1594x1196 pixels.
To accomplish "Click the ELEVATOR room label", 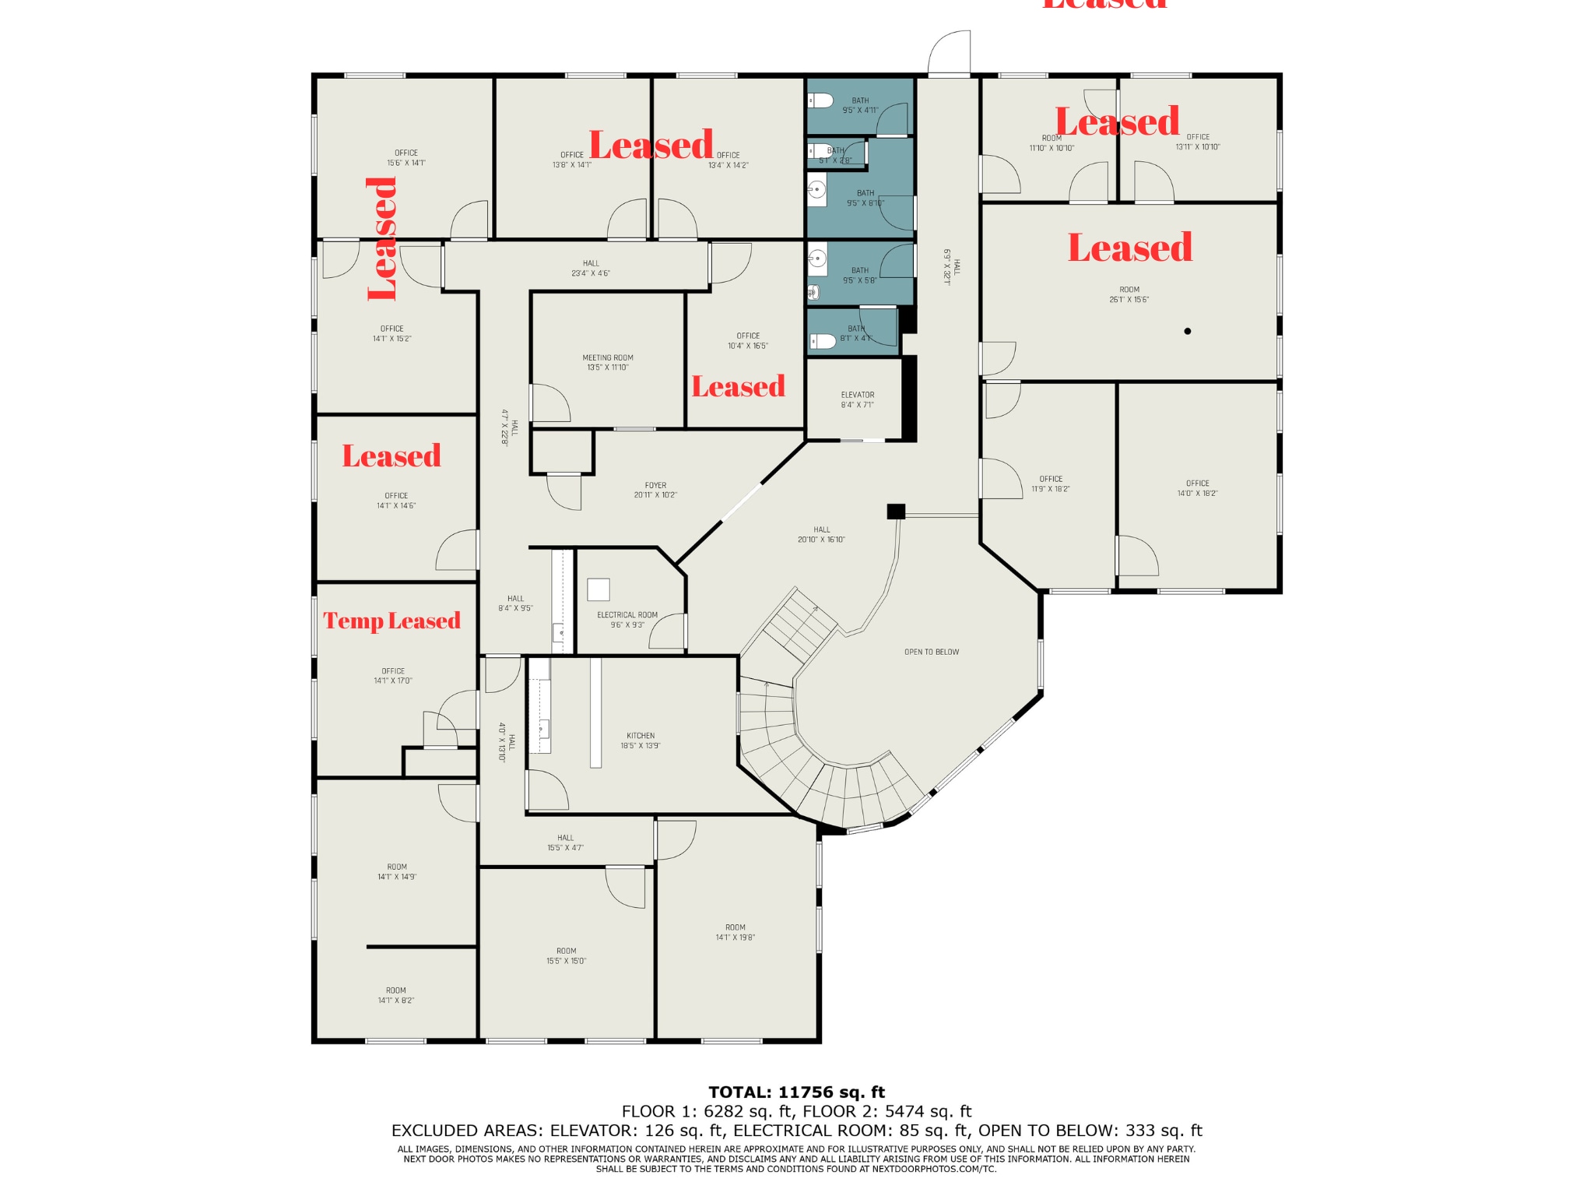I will coord(857,399).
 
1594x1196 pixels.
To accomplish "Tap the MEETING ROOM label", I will coord(607,362).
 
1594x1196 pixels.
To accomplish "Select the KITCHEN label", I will coord(640,740).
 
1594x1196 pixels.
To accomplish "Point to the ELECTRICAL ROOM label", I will coord(627,620).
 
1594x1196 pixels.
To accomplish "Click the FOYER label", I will coord(655,490).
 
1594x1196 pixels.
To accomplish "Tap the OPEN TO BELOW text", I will coord(931,652).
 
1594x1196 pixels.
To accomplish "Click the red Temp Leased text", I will coord(391,621).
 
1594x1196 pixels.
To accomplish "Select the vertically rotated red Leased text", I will coord(382,238).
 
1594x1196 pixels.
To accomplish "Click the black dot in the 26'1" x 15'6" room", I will coord(1187,331).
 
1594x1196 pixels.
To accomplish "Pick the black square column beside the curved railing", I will coord(896,512).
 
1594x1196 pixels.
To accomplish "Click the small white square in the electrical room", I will coord(598,589).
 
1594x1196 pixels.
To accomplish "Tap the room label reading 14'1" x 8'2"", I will coord(396,995).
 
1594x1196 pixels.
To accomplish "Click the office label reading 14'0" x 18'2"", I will coord(1197,488).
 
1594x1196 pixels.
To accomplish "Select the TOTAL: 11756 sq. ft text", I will coord(796,1092).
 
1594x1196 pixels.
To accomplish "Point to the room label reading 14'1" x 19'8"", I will coord(735,932).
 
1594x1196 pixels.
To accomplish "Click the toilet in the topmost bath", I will coord(820,100).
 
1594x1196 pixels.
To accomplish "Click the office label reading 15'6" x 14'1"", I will coord(406,158).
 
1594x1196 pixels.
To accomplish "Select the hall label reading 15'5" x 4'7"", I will coord(565,842).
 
